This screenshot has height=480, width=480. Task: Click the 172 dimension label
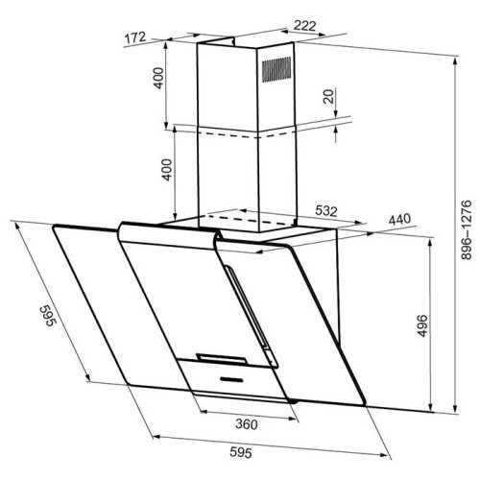[135, 37]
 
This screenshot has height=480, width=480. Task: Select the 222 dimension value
[305, 26]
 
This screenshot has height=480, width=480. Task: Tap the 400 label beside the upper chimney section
[158, 78]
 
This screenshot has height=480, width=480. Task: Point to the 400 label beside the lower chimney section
[167, 170]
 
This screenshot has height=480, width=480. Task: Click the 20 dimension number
[328, 96]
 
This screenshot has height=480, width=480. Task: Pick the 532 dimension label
[326, 211]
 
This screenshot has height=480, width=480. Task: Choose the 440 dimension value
[399, 220]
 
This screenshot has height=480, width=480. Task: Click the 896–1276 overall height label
[467, 229]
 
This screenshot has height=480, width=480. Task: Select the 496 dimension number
[423, 325]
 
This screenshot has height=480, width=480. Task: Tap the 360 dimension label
[247, 424]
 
